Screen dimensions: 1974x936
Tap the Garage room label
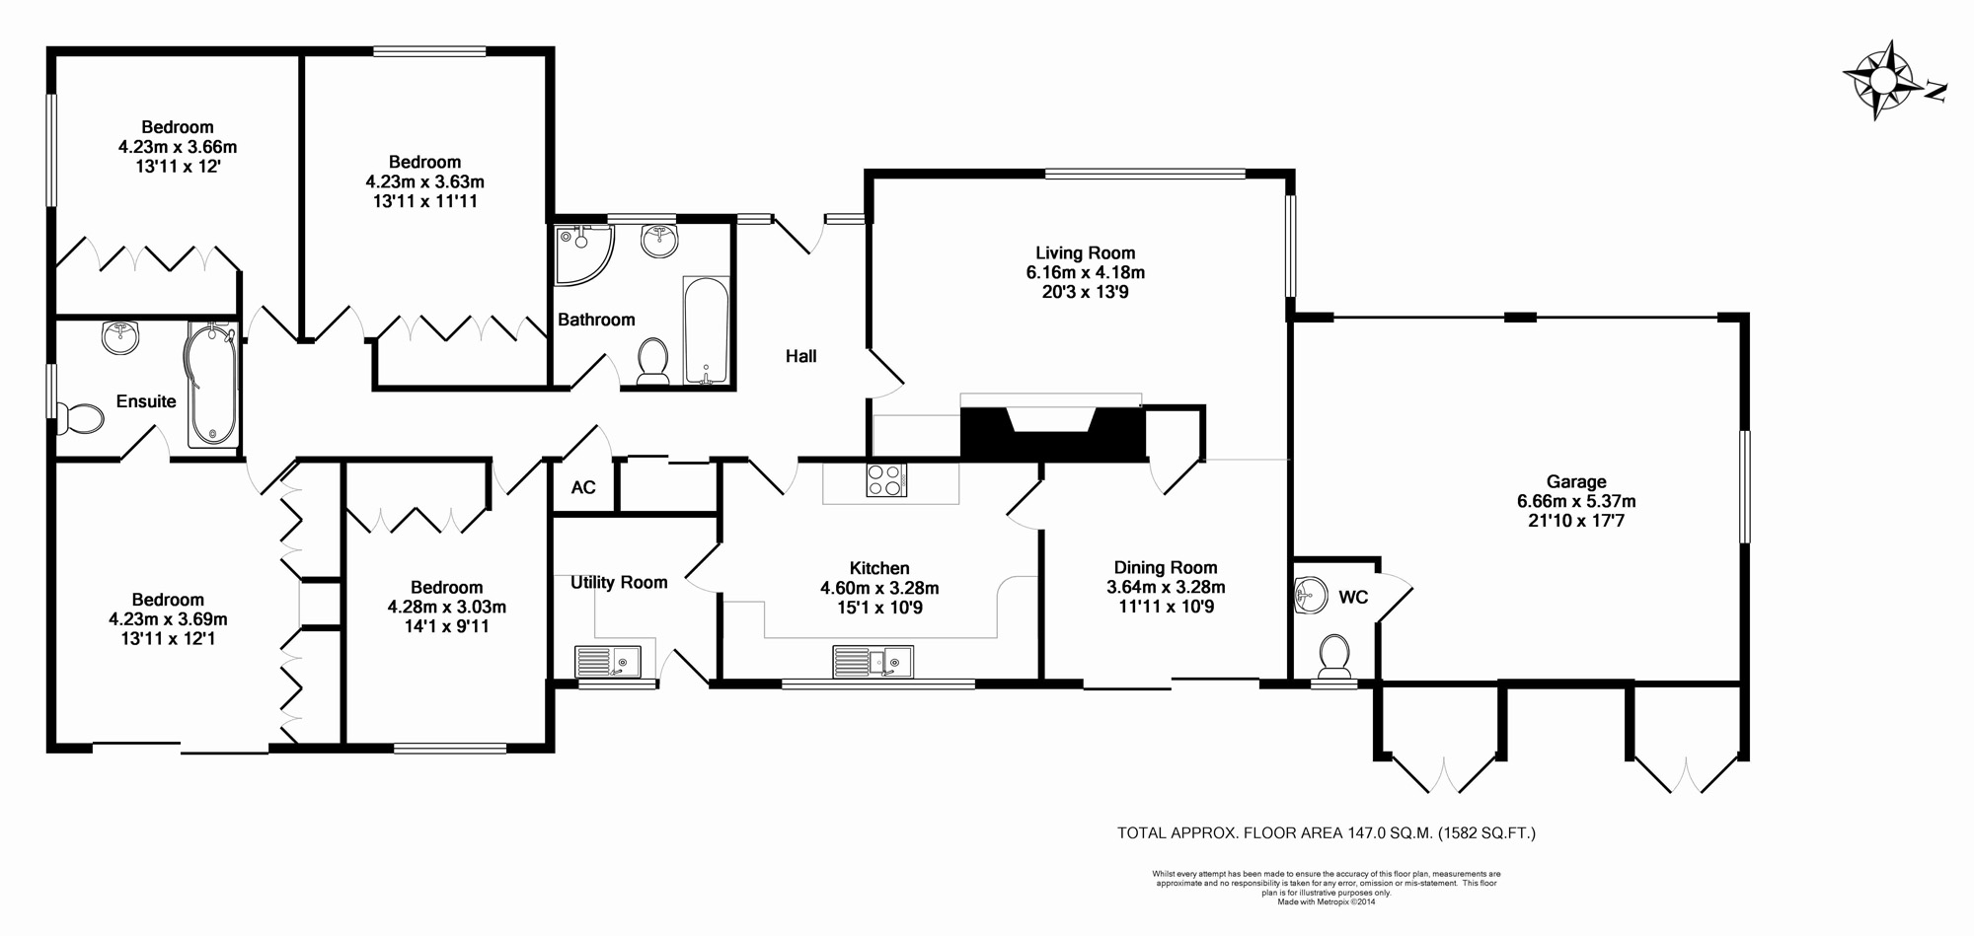click(1576, 482)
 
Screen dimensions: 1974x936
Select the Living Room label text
click(1086, 253)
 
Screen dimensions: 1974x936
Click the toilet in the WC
click(1333, 657)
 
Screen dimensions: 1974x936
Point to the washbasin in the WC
click(1309, 595)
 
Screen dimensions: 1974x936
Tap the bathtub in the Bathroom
click(706, 331)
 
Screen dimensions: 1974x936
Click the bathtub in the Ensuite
click(213, 386)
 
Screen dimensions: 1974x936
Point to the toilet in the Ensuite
click(80, 419)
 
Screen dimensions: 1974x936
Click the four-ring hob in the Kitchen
click(886, 480)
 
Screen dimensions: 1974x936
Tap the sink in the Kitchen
click(873, 662)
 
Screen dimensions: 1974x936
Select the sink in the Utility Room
click(608, 662)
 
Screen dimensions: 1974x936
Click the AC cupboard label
click(583, 487)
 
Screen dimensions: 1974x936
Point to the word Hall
click(801, 356)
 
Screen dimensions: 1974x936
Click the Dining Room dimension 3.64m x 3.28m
click(1166, 588)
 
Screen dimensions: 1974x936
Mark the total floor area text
click(1327, 833)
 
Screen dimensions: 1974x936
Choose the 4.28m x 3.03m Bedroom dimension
click(447, 608)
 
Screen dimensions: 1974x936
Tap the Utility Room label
click(619, 583)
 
